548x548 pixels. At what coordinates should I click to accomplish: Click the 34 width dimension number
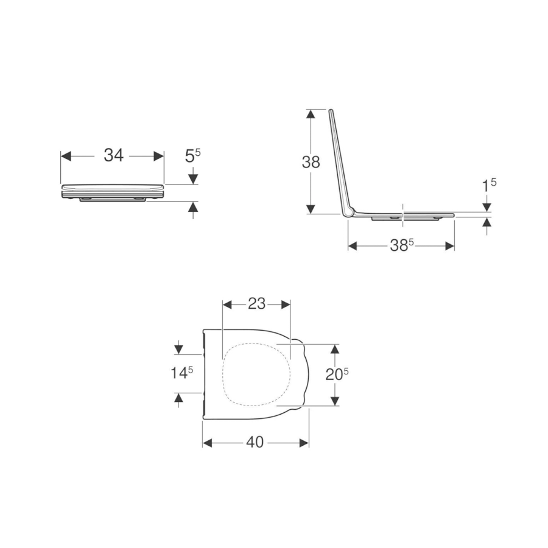point(114,155)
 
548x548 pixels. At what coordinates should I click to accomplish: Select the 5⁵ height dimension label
point(192,155)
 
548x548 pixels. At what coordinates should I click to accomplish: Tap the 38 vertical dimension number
point(311,162)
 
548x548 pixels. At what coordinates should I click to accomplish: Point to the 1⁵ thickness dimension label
point(489,185)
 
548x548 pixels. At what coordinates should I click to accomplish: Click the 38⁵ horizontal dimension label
point(402,246)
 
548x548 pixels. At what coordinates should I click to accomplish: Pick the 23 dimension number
point(256,304)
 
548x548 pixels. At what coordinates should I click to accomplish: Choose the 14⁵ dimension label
point(181,373)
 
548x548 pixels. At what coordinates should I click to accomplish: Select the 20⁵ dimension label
point(337,374)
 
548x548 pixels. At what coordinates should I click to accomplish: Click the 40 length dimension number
point(255,443)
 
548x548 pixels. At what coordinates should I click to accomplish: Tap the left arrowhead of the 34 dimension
point(66,156)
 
